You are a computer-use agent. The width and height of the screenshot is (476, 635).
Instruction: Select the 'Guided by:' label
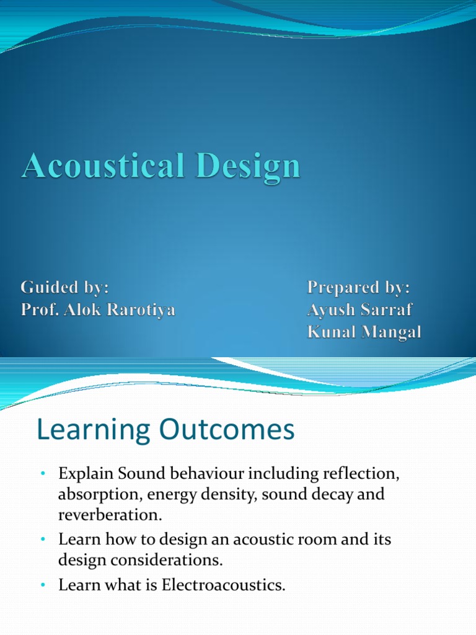pos(65,288)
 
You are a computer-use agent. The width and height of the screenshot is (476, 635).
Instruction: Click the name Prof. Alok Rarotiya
pos(98,309)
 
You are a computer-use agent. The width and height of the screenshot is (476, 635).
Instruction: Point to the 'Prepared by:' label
pos(359,288)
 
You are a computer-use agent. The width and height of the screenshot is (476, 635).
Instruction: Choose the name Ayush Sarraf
pos(360,309)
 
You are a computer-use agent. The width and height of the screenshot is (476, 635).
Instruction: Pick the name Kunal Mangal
pos(364,332)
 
